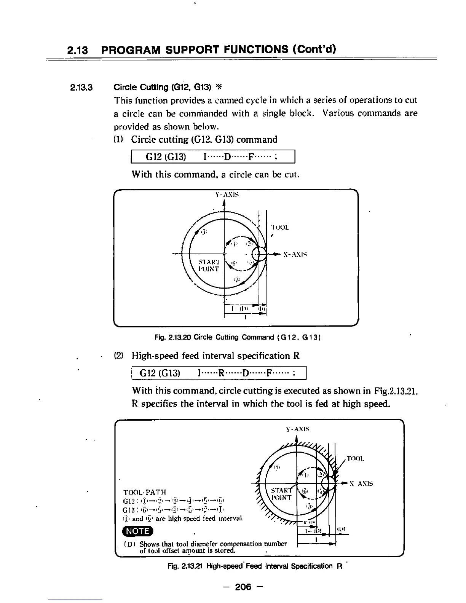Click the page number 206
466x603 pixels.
pyautogui.click(x=244, y=587)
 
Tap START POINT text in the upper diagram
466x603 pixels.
pyautogui.click(x=209, y=265)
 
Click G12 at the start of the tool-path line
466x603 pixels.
pyautogui.click(x=130, y=501)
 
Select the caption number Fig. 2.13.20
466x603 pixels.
pyautogui.click(x=172, y=337)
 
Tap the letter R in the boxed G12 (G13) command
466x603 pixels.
pyautogui.click(x=220, y=373)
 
